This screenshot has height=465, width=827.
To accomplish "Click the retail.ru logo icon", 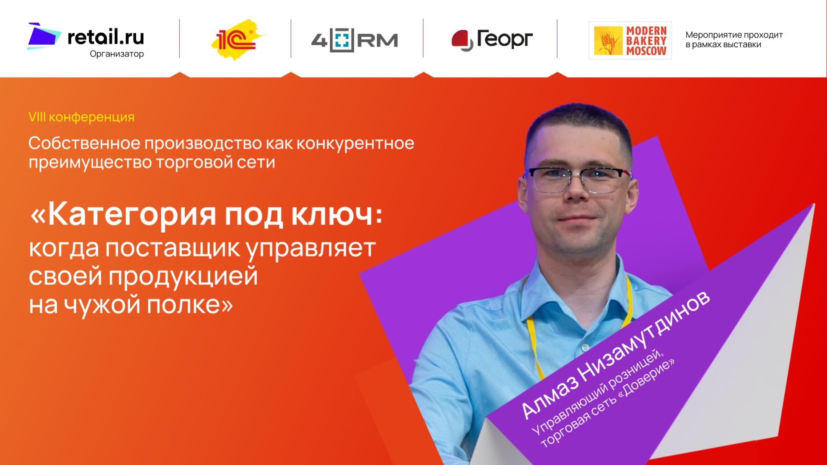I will click(x=44, y=36).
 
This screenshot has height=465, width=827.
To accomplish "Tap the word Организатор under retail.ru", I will click(x=116, y=54).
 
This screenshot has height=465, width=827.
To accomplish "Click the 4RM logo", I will click(x=354, y=40).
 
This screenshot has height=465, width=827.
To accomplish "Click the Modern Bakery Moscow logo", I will click(x=630, y=41).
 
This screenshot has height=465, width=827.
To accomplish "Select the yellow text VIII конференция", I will click(x=81, y=117).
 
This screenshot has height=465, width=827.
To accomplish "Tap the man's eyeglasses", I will click(x=577, y=179).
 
